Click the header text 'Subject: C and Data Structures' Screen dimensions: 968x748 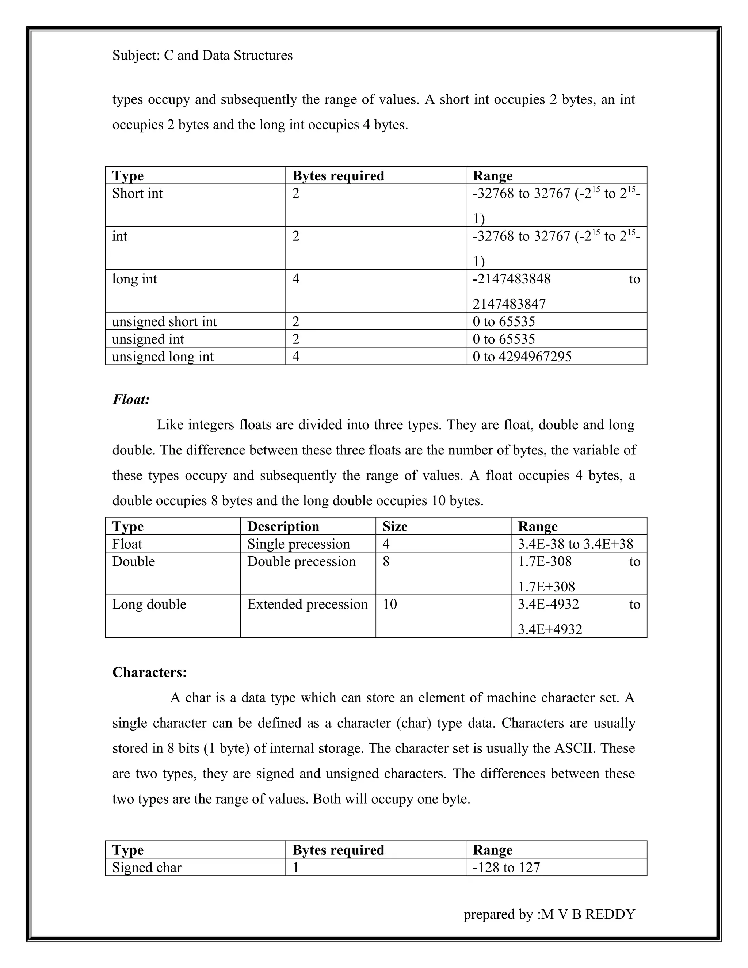[202, 56]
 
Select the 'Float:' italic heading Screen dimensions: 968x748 [131, 399]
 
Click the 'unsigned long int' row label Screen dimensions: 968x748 [163, 357]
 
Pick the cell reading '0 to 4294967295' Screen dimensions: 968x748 [522, 357]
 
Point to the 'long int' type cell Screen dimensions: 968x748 [134, 279]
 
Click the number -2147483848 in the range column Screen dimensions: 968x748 [511, 279]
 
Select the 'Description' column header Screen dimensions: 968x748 [283, 526]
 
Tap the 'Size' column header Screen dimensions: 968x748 [395, 526]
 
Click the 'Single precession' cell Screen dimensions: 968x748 [298, 544]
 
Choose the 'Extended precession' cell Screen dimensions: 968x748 [307, 604]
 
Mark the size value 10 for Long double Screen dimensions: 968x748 [390, 604]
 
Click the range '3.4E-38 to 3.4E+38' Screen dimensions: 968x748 [575, 544]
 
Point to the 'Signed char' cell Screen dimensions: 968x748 [147, 868]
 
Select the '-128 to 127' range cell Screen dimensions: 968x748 [506, 868]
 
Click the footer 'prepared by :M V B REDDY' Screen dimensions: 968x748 [549, 914]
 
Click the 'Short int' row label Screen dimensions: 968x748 [137, 193]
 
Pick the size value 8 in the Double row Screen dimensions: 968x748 [386, 561]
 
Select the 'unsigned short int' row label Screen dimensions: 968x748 [164, 321]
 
